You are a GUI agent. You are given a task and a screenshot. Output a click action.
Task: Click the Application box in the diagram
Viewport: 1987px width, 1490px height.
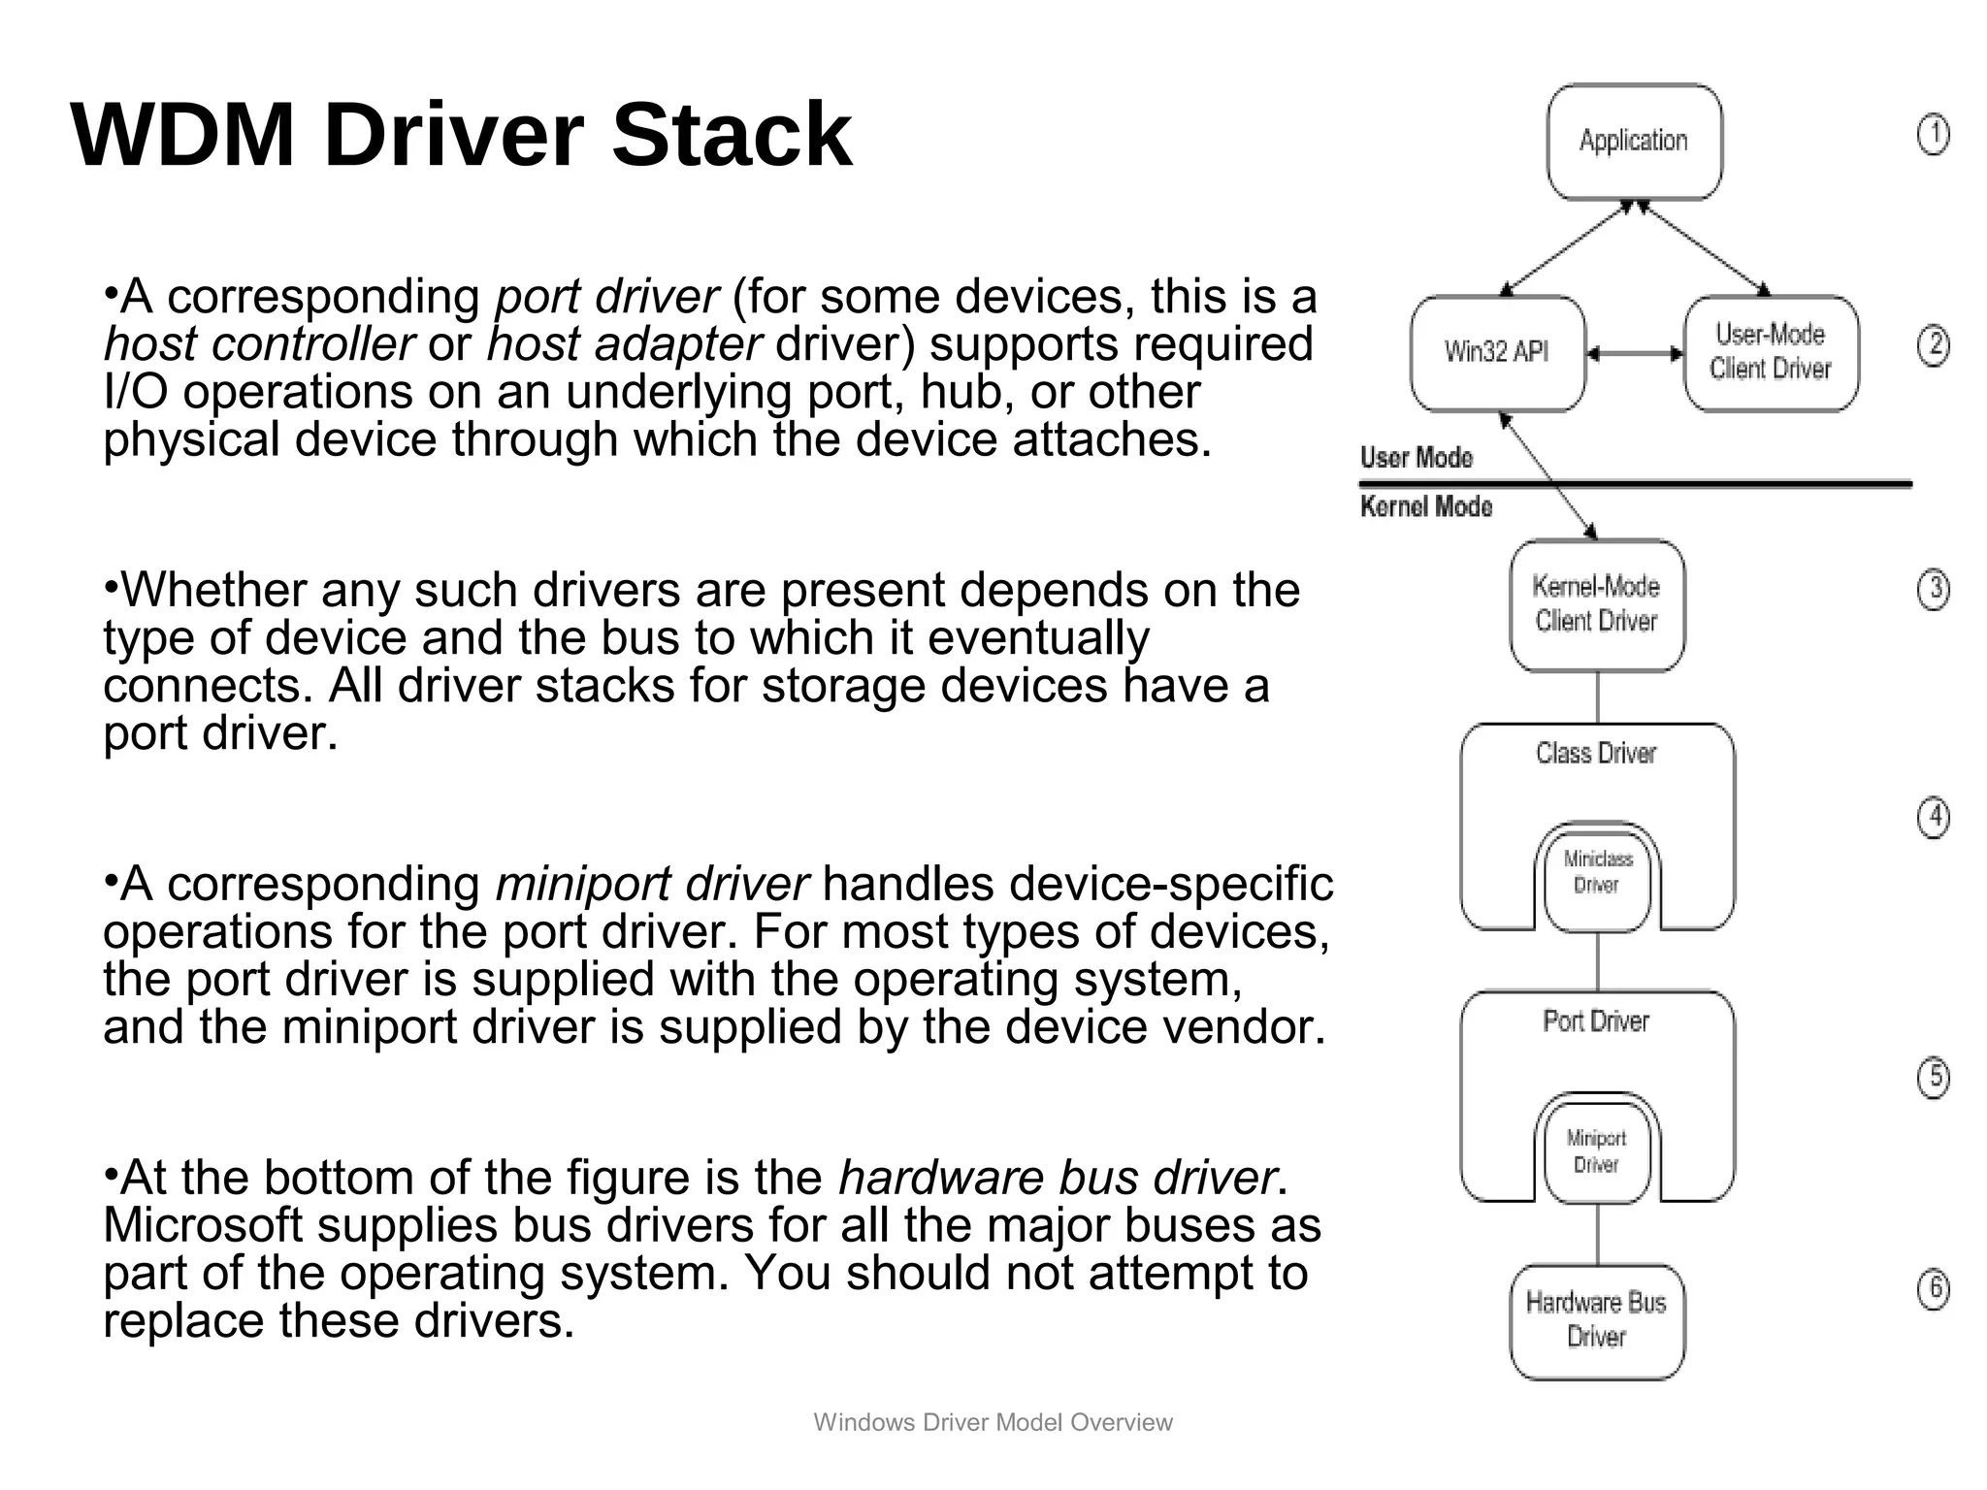pyautogui.click(x=1634, y=142)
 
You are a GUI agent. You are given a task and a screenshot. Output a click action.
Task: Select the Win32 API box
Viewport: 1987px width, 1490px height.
pyautogui.click(x=1496, y=353)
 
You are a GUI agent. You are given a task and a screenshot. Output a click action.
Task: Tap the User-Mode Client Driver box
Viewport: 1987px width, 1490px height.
pyautogui.click(x=1771, y=353)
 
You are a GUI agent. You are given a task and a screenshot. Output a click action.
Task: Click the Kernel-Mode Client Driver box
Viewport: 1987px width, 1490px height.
pyautogui.click(x=1596, y=604)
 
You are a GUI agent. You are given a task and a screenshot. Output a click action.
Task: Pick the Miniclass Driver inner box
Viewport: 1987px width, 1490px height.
pyautogui.click(x=1596, y=873)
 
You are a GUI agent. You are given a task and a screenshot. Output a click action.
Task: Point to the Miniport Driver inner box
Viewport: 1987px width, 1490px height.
pyautogui.click(x=1596, y=1151)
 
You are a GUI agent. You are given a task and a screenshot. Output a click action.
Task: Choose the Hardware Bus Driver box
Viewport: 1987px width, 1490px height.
pyautogui.click(x=1596, y=1320)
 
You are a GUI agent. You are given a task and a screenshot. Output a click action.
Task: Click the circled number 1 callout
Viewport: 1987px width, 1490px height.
pyautogui.click(x=1933, y=135)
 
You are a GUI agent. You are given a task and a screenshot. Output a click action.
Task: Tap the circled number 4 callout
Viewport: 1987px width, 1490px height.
pyautogui.click(x=1933, y=818)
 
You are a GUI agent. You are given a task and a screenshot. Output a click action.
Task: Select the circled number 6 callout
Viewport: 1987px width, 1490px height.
pyautogui.click(x=1933, y=1288)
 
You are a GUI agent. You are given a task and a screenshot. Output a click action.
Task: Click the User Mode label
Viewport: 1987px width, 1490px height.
pyautogui.click(x=1416, y=458)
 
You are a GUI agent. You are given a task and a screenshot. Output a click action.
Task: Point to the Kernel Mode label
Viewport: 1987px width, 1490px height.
pyautogui.click(x=1425, y=506)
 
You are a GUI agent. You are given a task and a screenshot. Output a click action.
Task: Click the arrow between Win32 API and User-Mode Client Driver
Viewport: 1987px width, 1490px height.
pyautogui.click(x=1635, y=354)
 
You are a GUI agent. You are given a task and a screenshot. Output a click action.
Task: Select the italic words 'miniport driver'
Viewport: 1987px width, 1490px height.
pyautogui.click(x=651, y=884)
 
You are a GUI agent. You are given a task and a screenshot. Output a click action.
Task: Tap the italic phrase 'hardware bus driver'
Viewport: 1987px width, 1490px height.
pyautogui.click(x=1057, y=1178)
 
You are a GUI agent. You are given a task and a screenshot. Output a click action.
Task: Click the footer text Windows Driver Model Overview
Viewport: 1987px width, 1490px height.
pyautogui.click(x=993, y=1422)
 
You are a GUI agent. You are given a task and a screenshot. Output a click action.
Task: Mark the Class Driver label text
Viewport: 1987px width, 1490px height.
pyautogui.click(x=1596, y=753)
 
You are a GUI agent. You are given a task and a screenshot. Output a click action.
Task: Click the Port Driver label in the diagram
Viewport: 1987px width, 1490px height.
pyautogui.click(x=1596, y=1021)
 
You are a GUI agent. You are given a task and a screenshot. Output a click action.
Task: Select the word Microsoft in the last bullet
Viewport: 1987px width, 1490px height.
pyautogui.click(x=203, y=1225)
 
